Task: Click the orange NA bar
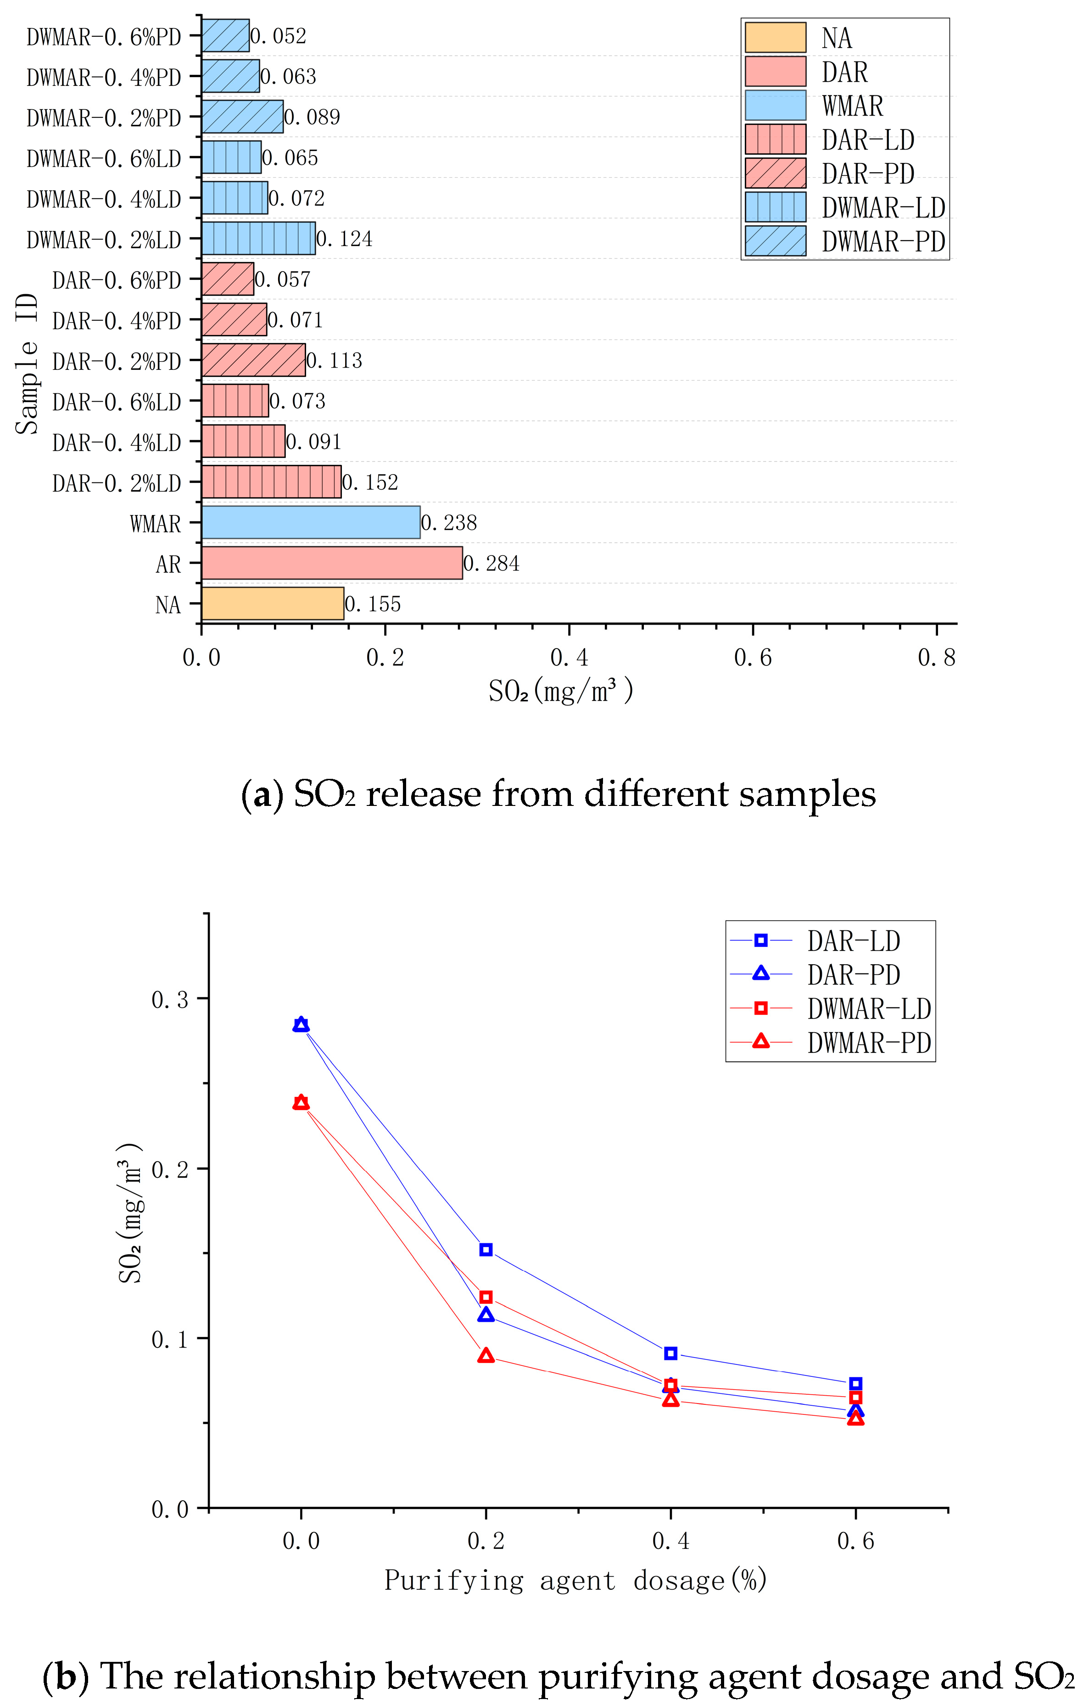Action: pyautogui.click(x=273, y=603)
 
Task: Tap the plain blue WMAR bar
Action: pyautogui.click(x=310, y=523)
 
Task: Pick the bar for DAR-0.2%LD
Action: pyautogui.click(x=271, y=481)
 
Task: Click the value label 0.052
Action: pyautogui.click(x=278, y=36)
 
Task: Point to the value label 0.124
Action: pyautogui.click(x=344, y=239)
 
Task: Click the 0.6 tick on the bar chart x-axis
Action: pyautogui.click(x=753, y=658)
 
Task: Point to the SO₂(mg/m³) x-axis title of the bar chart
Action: pyautogui.click(x=561, y=690)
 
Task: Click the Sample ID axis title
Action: pyautogui.click(x=27, y=363)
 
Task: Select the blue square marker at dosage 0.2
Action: pyautogui.click(x=486, y=1250)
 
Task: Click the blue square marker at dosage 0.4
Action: pyautogui.click(x=670, y=1353)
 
